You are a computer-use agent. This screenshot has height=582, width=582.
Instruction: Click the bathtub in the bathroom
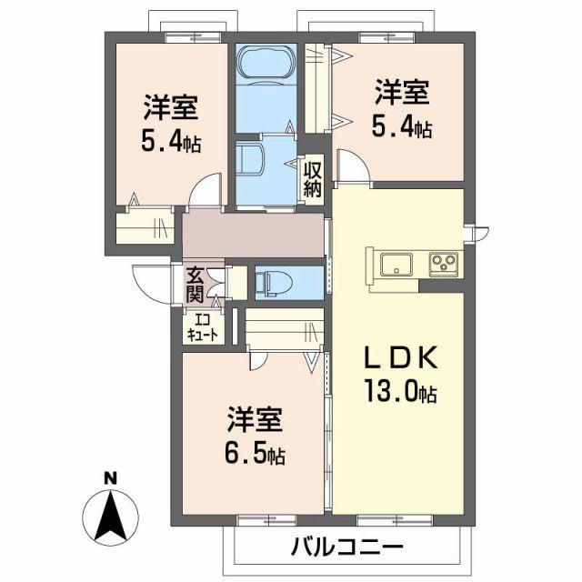tap(265, 65)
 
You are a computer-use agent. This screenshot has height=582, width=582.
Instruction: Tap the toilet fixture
tap(267, 282)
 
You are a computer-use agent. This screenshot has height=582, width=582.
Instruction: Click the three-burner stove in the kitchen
tap(443, 264)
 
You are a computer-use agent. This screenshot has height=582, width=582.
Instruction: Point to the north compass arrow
tap(110, 514)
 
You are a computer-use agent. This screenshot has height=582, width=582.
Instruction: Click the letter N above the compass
tap(110, 479)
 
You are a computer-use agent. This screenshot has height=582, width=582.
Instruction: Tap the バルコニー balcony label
tap(347, 547)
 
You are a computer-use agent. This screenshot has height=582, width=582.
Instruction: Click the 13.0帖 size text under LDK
tap(401, 392)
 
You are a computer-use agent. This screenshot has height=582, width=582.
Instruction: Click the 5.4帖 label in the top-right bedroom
tap(401, 127)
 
